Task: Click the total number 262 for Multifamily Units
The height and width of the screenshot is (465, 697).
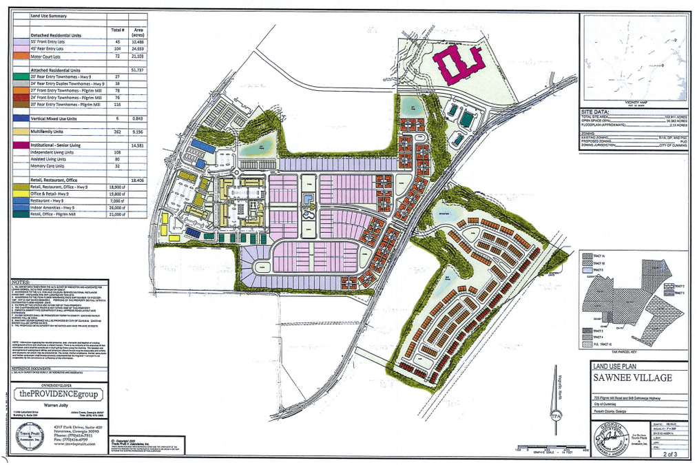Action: (x=116, y=131)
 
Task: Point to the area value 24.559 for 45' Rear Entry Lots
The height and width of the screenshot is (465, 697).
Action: (x=136, y=50)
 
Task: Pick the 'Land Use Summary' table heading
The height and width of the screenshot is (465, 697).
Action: (x=48, y=15)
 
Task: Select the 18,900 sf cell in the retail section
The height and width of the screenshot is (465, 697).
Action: (x=116, y=187)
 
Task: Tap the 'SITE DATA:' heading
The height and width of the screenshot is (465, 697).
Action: (x=596, y=112)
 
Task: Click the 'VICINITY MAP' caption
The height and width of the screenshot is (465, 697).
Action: (x=634, y=101)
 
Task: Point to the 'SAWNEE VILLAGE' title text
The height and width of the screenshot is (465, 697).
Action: (x=620, y=378)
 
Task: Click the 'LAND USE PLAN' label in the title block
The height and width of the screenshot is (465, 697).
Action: (x=609, y=366)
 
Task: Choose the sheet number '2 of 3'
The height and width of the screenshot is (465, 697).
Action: (x=665, y=455)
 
